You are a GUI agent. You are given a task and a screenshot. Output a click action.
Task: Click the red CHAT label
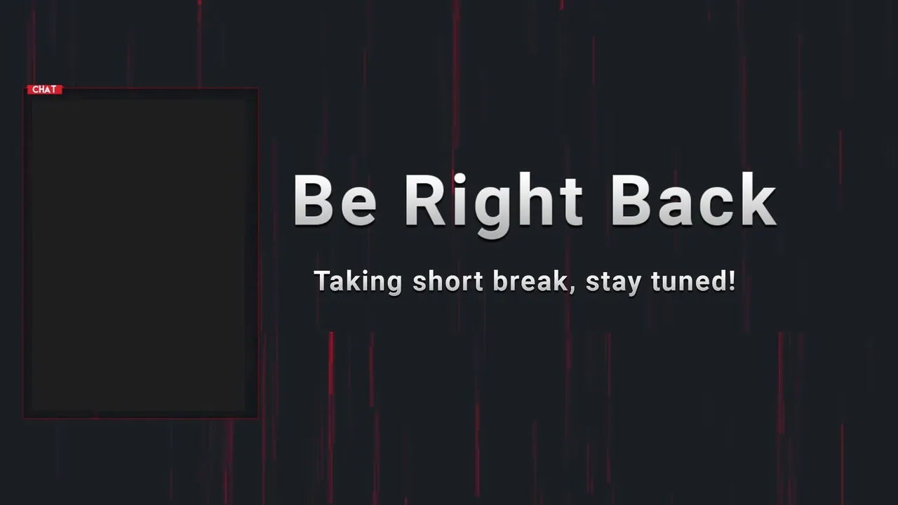click(44, 89)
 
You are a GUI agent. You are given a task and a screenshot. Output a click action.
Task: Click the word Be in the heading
click(335, 201)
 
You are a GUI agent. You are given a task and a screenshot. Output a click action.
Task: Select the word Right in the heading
click(493, 204)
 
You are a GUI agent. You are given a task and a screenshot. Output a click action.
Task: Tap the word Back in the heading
click(694, 199)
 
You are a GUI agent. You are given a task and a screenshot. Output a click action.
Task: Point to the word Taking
click(358, 282)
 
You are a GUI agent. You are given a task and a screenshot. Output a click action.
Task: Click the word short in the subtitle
click(448, 281)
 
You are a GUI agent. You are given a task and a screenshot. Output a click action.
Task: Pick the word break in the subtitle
click(530, 281)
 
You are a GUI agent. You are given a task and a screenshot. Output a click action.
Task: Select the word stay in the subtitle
click(613, 283)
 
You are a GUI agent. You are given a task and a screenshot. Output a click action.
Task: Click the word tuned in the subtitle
click(689, 281)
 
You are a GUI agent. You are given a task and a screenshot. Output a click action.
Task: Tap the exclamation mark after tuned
click(732, 281)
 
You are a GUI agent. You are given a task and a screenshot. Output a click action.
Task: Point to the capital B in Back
click(632, 201)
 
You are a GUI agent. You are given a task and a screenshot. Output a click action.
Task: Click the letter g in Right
click(493, 213)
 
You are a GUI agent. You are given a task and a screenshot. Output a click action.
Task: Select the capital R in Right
click(427, 201)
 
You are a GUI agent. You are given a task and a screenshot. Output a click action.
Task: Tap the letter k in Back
click(756, 199)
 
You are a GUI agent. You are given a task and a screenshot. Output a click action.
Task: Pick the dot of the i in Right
click(460, 178)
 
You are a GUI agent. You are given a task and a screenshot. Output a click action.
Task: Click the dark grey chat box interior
click(138, 255)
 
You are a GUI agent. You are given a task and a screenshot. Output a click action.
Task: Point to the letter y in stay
click(632, 285)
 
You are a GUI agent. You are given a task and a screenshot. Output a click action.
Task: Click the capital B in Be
click(314, 201)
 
